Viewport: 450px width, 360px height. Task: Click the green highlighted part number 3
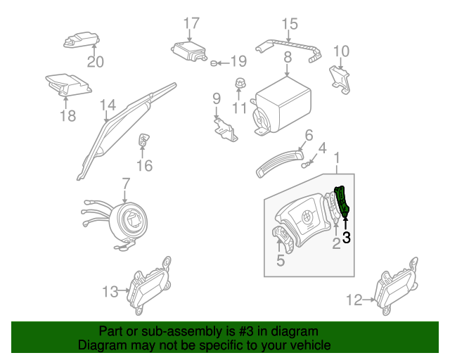(342, 202)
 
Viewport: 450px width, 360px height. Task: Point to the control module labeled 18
(67, 85)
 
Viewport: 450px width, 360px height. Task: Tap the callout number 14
(107, 105)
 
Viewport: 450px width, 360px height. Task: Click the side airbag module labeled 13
(149, 288)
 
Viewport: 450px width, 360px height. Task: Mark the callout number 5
(281, 261)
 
